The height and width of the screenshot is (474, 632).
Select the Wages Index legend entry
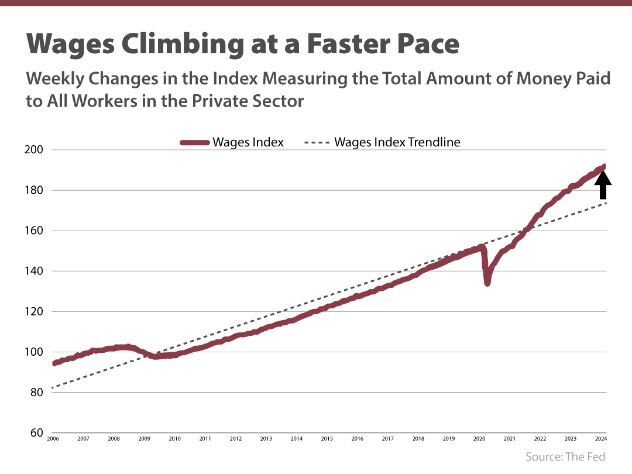232,142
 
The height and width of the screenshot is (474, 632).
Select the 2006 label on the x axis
53,438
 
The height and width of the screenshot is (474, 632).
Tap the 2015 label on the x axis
327,438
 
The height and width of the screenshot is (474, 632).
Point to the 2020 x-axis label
479,438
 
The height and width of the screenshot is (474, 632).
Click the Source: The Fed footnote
565,456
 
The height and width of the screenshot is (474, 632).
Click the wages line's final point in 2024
603,167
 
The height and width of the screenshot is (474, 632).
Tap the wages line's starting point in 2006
54,363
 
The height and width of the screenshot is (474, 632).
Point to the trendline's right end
606,203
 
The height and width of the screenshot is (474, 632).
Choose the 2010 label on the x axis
174,438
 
